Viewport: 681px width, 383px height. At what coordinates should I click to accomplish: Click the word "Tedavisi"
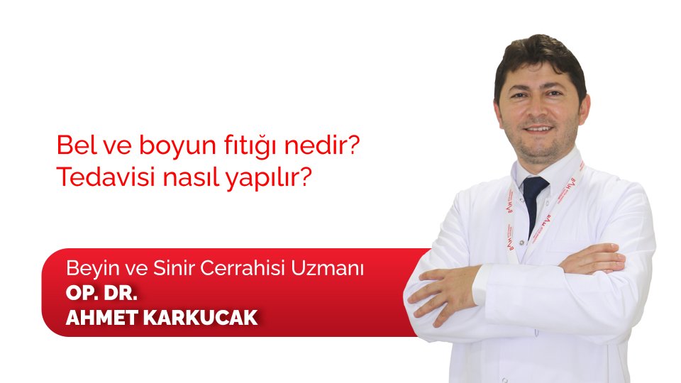click(x=101, y=177)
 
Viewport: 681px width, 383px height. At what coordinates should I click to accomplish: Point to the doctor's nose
click(x=540, y=113)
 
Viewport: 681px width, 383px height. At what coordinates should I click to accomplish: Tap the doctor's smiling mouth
click(x=540, y=130)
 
